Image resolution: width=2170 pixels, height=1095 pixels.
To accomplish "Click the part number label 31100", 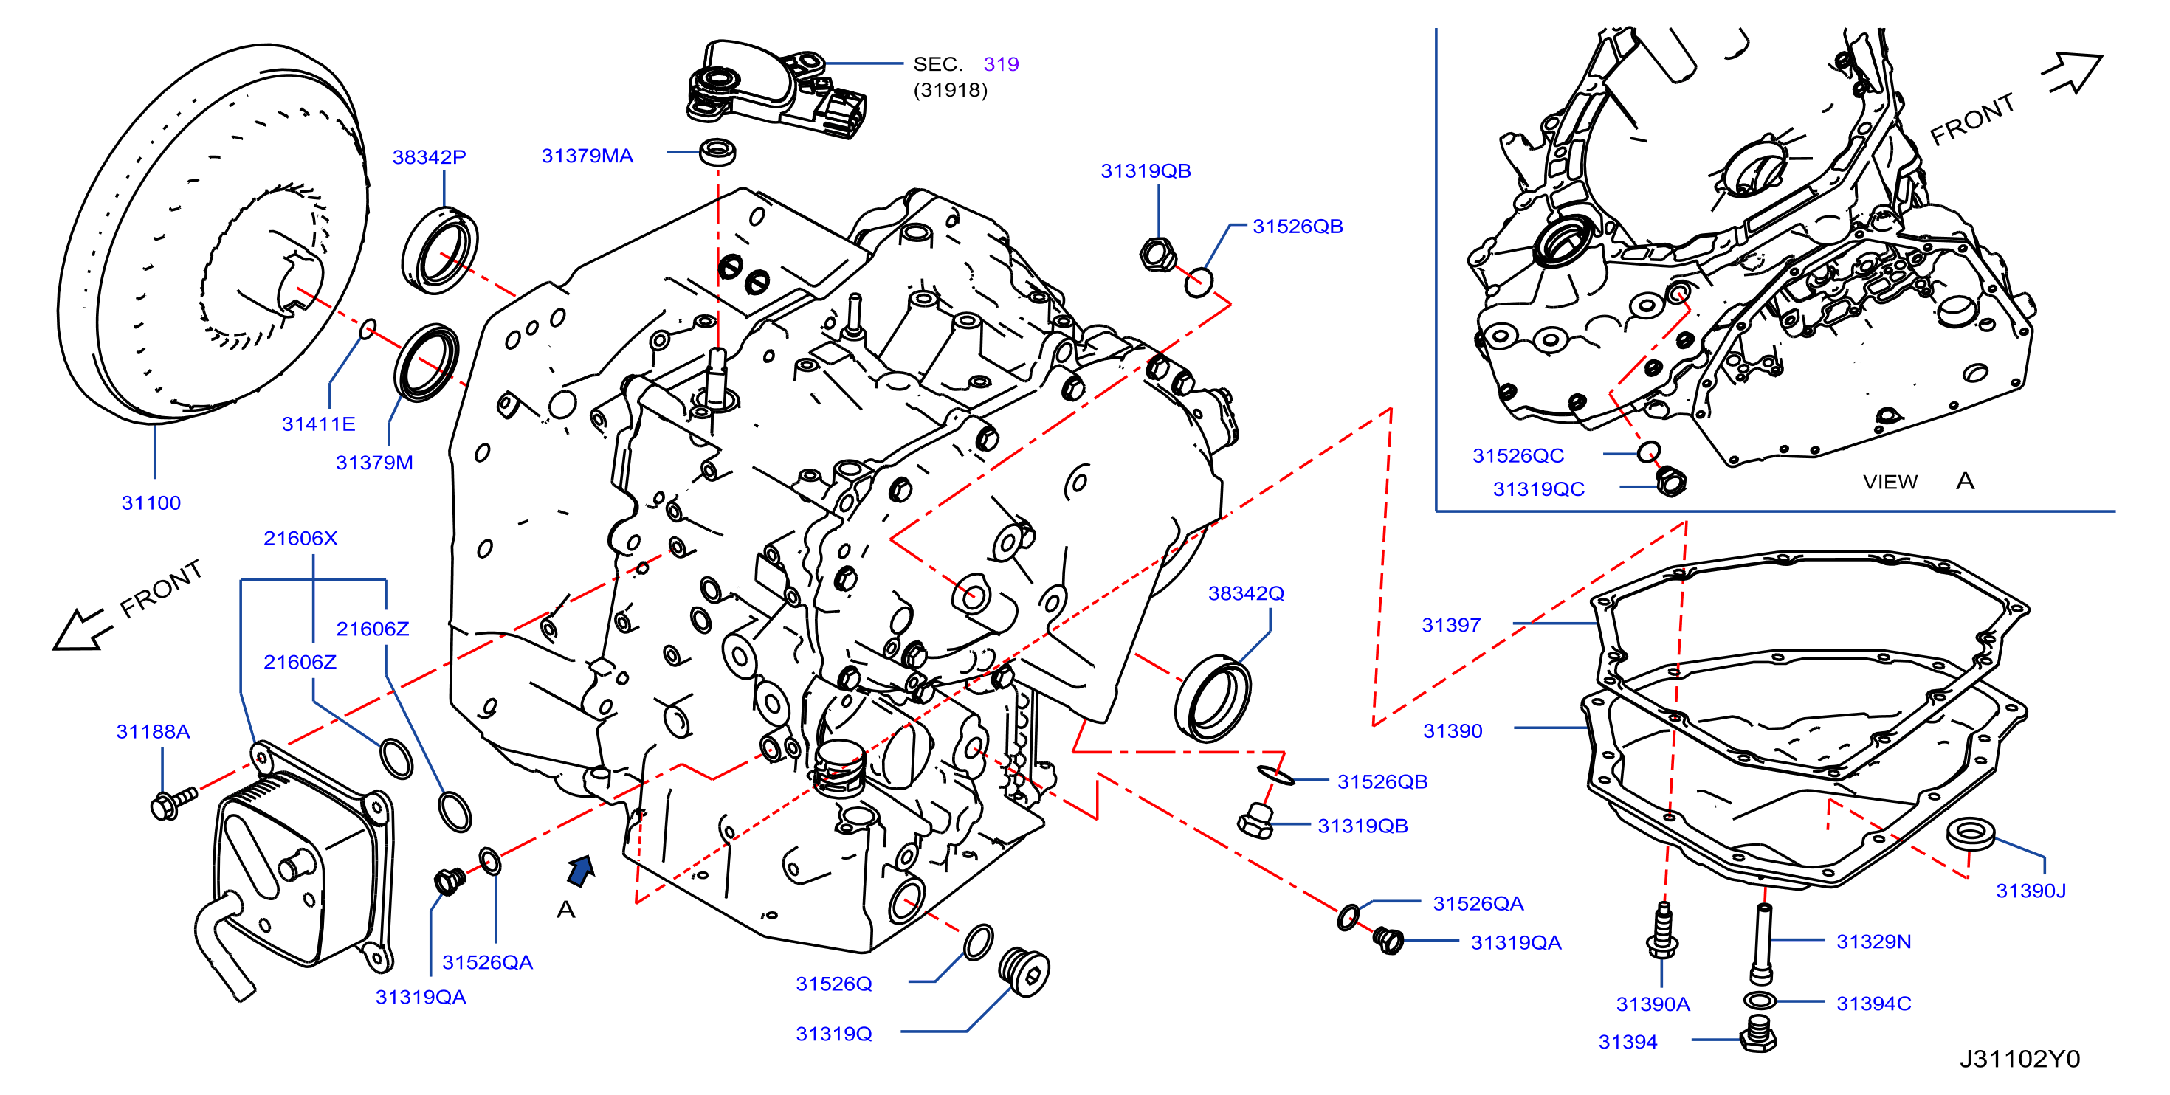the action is tap(151, 502).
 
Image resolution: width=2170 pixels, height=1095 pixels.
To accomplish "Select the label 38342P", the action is tap(429, 156).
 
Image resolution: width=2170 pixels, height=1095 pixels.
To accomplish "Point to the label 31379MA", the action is tap(587, 156).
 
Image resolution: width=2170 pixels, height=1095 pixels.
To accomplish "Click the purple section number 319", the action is tap(1001, 64).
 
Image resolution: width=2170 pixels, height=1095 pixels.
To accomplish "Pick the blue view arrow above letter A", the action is tap(580, 871).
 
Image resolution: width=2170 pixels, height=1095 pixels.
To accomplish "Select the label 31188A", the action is tap(153, 731).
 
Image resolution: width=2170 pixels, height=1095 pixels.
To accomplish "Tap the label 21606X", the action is tap(300, 538).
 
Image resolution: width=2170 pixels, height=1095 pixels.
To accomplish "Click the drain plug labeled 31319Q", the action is tap(1024, 973).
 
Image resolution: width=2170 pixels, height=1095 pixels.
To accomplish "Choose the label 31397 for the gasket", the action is tap(1450, 625).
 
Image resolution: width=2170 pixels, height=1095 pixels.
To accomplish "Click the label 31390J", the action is tap(2031, 891).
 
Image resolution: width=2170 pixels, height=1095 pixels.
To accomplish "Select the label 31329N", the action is tap(1873, 942).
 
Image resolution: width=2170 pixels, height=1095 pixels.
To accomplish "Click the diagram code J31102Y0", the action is tap(2019, 1059).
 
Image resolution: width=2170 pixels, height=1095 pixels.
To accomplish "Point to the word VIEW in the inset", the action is tap(1890, 482).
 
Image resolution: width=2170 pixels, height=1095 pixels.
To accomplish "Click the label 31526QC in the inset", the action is tap(1518, 456).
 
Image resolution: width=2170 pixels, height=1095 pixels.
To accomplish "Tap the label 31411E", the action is tap(318, 424).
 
